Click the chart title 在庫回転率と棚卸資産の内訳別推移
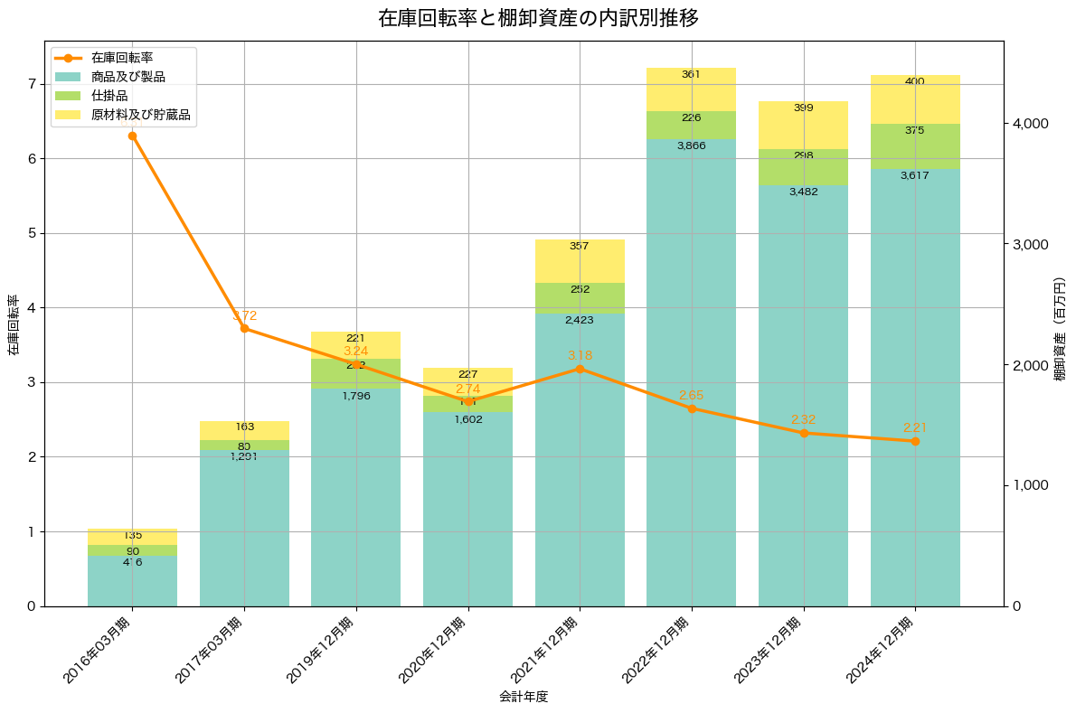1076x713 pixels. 538,18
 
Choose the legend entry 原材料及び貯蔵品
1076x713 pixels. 140,115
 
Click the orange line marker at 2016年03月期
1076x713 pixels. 132,136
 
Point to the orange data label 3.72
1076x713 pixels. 245,316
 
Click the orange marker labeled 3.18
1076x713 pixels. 580,369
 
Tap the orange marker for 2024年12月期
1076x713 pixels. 915,441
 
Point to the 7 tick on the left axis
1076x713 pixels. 31,84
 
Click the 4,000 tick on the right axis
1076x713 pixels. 1029,124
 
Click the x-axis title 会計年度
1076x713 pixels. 524,697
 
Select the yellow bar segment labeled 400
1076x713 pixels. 915,99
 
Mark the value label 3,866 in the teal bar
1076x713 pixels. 691,145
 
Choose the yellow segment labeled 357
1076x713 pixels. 580,261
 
